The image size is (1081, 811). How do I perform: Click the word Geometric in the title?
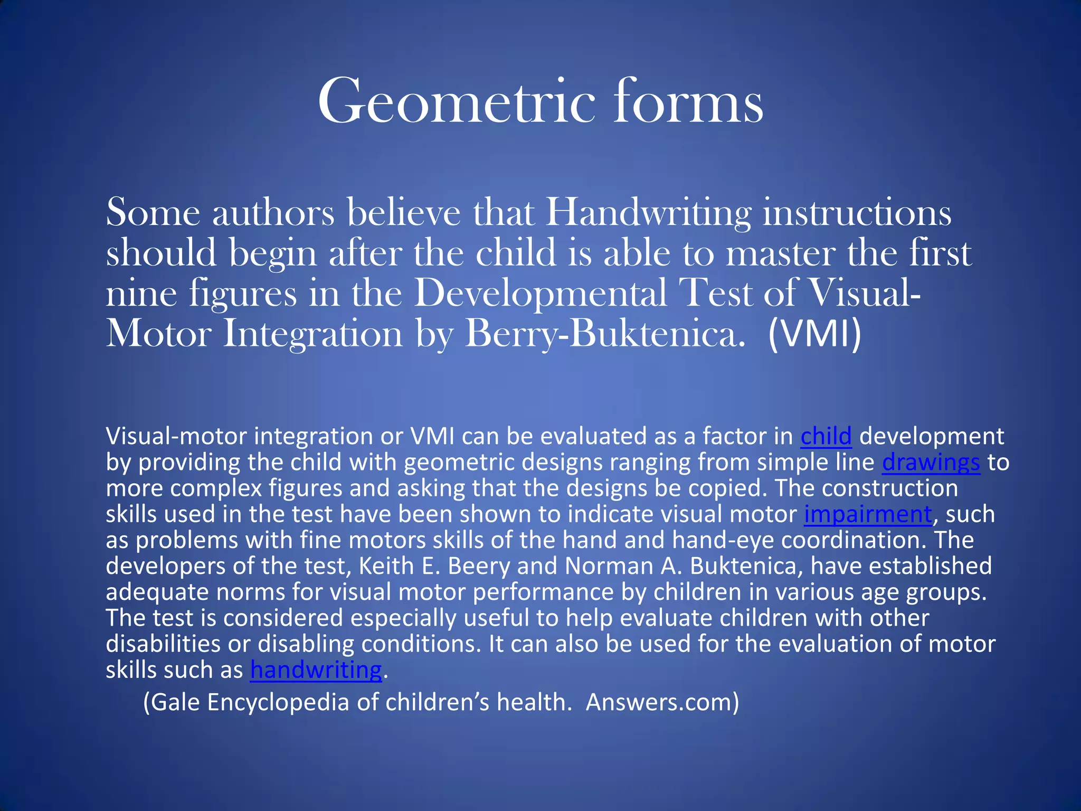pyautogui.click(x=457, y=101)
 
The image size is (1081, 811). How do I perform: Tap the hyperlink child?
pyautogui.click(x=826, y=437)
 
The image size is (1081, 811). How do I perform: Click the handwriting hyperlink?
pyautogui.click(x=316, y=671)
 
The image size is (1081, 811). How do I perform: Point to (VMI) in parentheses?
pyautogui.click(x=814, y=334)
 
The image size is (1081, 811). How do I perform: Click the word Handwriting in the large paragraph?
pyautogui.click(x=648, y=213)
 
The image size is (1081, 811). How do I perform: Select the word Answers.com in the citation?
pyautogui.click(x=662, y=703)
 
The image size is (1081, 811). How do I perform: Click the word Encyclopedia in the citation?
pyautogui.click(x=278, y=703)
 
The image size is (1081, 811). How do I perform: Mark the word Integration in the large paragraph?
pyautogui.click(x=312, y=334)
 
